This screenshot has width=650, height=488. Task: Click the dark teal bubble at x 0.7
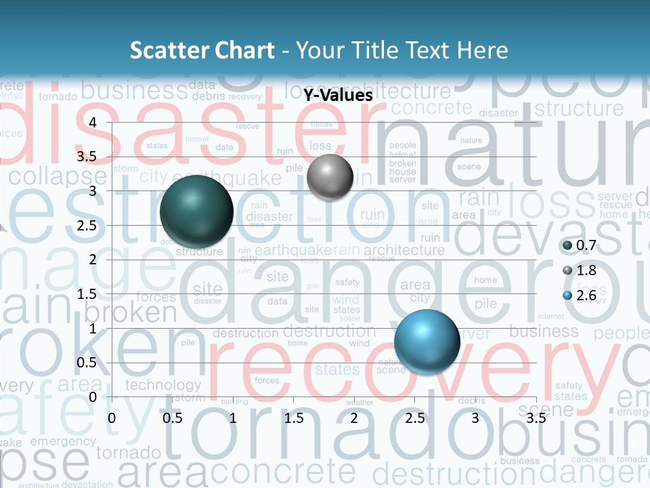coord(196,211)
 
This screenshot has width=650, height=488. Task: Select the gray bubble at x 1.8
coord(330,177)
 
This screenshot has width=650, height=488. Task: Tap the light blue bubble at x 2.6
coord(427,342)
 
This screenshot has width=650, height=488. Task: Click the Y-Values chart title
coord(338,96)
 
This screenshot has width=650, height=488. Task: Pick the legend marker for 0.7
coord(567,245)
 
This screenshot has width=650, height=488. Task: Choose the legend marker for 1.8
coord(567,270)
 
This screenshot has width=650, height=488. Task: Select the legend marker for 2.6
coord(567,296)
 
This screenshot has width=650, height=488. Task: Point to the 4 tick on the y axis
coord(93,122)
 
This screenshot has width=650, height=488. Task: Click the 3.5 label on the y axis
coord(86,157)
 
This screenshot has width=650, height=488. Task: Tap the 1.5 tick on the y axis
coord(86,294)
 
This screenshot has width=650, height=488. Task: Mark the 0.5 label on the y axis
coord(86,363)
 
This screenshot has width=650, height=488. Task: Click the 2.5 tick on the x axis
coord(414,418)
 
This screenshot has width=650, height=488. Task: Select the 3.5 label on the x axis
coord(536,418)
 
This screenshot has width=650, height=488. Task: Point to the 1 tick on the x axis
coord(233,418)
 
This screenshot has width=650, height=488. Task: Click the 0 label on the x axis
coord(112,418)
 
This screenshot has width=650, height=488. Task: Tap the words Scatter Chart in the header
coord(202,50)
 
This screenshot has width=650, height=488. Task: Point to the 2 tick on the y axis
coord(93,260)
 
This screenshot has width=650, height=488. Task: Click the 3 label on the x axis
coord(475,418)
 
